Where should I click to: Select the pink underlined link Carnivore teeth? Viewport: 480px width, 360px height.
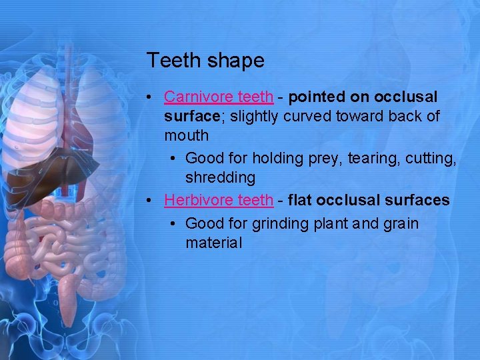tap(219, 97)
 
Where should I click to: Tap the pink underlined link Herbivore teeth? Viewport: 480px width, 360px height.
tap(219, 200)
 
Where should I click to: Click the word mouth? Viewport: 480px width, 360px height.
tap(187, 136)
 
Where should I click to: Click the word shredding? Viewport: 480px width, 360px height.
tap(220, 178)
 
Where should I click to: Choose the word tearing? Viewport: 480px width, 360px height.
tap(368, 158)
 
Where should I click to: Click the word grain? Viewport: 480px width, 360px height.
tap(401, 223)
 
